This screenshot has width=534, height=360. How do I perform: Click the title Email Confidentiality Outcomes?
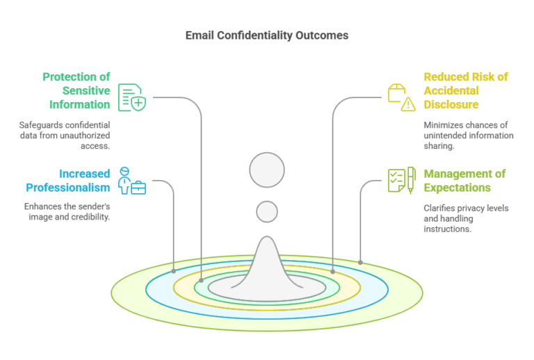tap(266, 35)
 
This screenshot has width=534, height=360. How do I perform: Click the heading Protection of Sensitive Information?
tap(76, 91)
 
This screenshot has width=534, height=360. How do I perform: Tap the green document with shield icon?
tap(131, 97)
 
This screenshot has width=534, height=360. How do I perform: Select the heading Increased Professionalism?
tap(67, 181)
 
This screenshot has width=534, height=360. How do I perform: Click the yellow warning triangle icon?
tap(408, 105)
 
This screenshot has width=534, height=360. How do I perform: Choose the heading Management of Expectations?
tap(464, 181)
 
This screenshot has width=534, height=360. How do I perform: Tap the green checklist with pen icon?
tap(401, 180)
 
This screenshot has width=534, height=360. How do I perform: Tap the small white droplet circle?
tap(267, 211)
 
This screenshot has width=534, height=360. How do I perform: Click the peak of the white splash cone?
tap(267, 240)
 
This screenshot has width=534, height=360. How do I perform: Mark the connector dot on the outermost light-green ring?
tap(360, 262)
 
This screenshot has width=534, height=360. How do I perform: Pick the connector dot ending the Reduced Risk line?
tap(332, 271)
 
